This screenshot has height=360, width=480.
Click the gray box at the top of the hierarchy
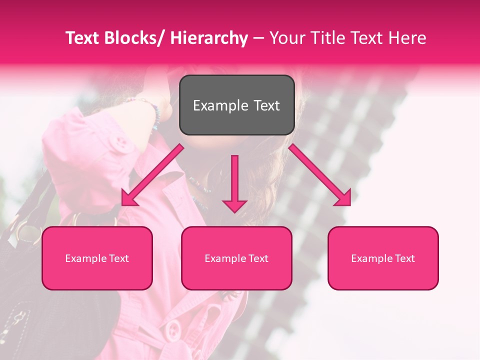[x=236, y=105]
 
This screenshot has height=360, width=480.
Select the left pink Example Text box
[x=97, y=258]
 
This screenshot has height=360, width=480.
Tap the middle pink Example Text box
[x=236, y=258]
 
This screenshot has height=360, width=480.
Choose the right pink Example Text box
[x=383, y=258]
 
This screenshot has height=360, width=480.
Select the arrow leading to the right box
[x=320, y=175]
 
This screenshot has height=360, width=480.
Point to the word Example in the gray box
[x=220, y=105]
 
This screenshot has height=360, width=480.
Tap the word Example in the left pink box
[x=85, y=258]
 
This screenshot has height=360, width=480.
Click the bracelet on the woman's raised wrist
[x=152, y=113]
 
